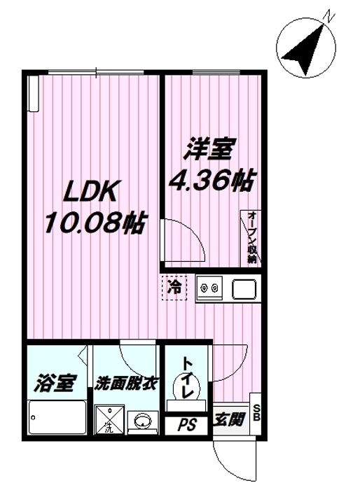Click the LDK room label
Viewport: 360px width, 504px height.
[93, 191]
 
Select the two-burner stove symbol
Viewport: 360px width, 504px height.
[209, 288]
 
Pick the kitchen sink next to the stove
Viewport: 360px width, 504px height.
[243, 288]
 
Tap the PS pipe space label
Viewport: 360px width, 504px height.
[186, 424]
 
